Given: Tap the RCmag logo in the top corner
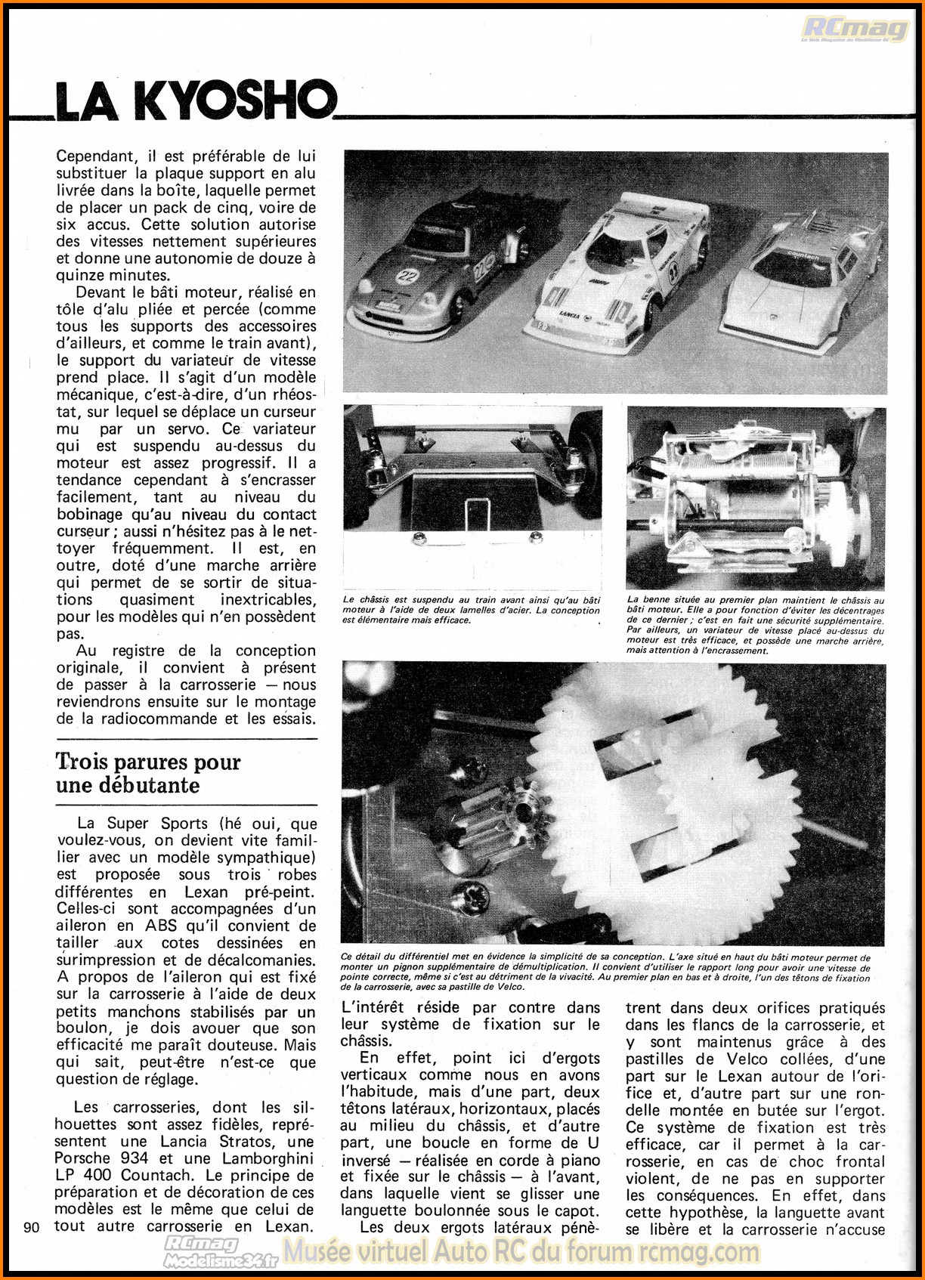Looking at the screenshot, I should [855, 29].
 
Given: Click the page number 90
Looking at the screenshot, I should [32, 1227].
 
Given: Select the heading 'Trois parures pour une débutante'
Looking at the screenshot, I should [148, 773].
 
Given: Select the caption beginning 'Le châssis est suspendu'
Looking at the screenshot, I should [472, 610].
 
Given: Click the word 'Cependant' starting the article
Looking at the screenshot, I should [97, 156].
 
